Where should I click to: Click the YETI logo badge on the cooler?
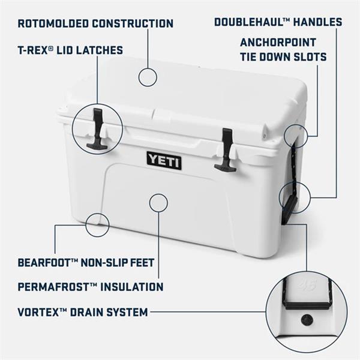pyautogui.click(x=164, y=161)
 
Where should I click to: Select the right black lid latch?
pyautogui.click(x=226, y=150)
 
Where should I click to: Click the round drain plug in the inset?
pyautogui.click(x=307, y=320)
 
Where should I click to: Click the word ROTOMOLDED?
pyautogui.click(x=53, y=23)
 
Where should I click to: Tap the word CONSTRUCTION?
pyautogui.click(x=133, y=23)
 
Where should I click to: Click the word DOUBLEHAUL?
pyautogui.click(x=248, y=22)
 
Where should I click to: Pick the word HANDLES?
pyautogui.click(x=318, y=22)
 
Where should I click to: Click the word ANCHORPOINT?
pyautogui.click(x=278, y=43)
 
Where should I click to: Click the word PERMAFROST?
pyautogui.click(x=53, y=287)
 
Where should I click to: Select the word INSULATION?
pyautogui.click(x=132, y=287)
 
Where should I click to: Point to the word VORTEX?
pyautogui.click(x=38, y=312)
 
